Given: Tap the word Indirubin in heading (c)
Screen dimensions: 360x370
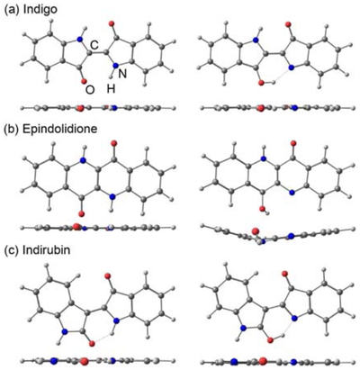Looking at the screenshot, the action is (47, 250).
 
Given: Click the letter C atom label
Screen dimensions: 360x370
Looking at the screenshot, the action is (94, 45).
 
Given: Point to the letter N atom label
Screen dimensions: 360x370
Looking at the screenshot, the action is (121, 74).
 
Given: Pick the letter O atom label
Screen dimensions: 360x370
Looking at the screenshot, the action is (90, 90).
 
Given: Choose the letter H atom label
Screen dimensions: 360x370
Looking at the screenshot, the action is (112, 89).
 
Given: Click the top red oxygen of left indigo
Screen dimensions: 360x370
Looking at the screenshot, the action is (112, 23).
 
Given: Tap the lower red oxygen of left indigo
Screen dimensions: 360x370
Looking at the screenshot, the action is (84, 81).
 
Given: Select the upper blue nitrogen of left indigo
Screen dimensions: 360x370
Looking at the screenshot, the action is (79, 39).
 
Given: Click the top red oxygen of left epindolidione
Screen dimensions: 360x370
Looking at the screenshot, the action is (113, 144).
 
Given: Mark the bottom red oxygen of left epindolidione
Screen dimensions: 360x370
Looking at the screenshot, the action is (81, 213).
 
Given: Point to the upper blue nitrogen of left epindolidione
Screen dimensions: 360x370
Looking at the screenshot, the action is (83, 161).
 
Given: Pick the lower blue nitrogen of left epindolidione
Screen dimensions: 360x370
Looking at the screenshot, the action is (112, 196).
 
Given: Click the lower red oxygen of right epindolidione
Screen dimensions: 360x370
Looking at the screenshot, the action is (262, 208).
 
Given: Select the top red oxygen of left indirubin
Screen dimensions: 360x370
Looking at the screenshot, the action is (108, 275).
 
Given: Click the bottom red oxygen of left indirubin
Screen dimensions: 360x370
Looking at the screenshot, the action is (92, 344).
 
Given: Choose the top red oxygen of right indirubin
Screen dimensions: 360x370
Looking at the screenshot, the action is (284, 274).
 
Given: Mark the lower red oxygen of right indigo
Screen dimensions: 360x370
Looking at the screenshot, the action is (261, 83).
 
